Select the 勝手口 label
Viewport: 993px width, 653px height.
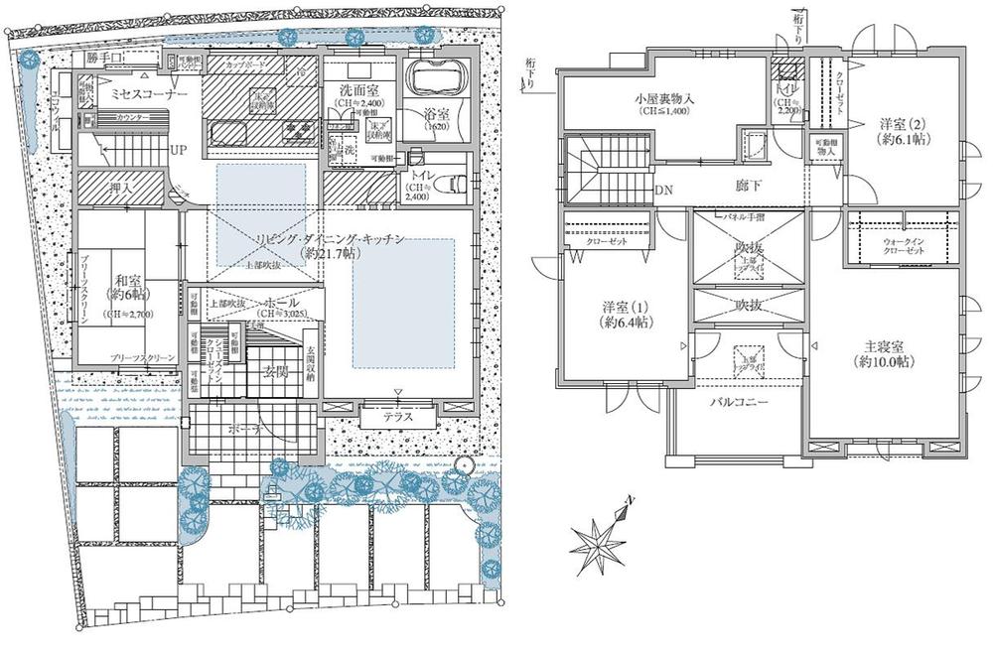(104, 59)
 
